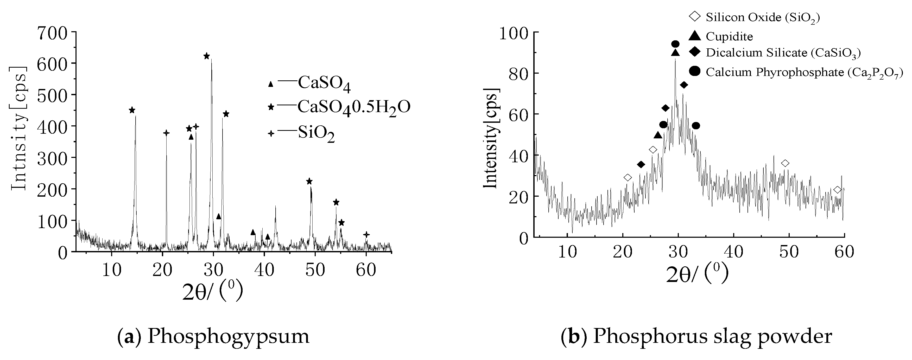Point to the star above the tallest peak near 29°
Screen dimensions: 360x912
[x=207, y=56]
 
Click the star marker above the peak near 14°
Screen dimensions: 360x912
[x=132, y=110]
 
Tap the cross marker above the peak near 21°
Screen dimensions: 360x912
[x=166, y=133]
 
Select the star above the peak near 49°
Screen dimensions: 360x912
[x=309, y=181]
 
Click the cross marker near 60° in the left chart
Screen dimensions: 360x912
[x=366, y=234]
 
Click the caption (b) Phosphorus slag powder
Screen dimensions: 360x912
[x=696, y=336]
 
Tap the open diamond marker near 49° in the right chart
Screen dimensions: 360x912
[x=785, y=163]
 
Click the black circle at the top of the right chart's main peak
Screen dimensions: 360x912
[x=675, y=44]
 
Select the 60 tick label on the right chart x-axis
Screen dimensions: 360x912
[x=844, y=252]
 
